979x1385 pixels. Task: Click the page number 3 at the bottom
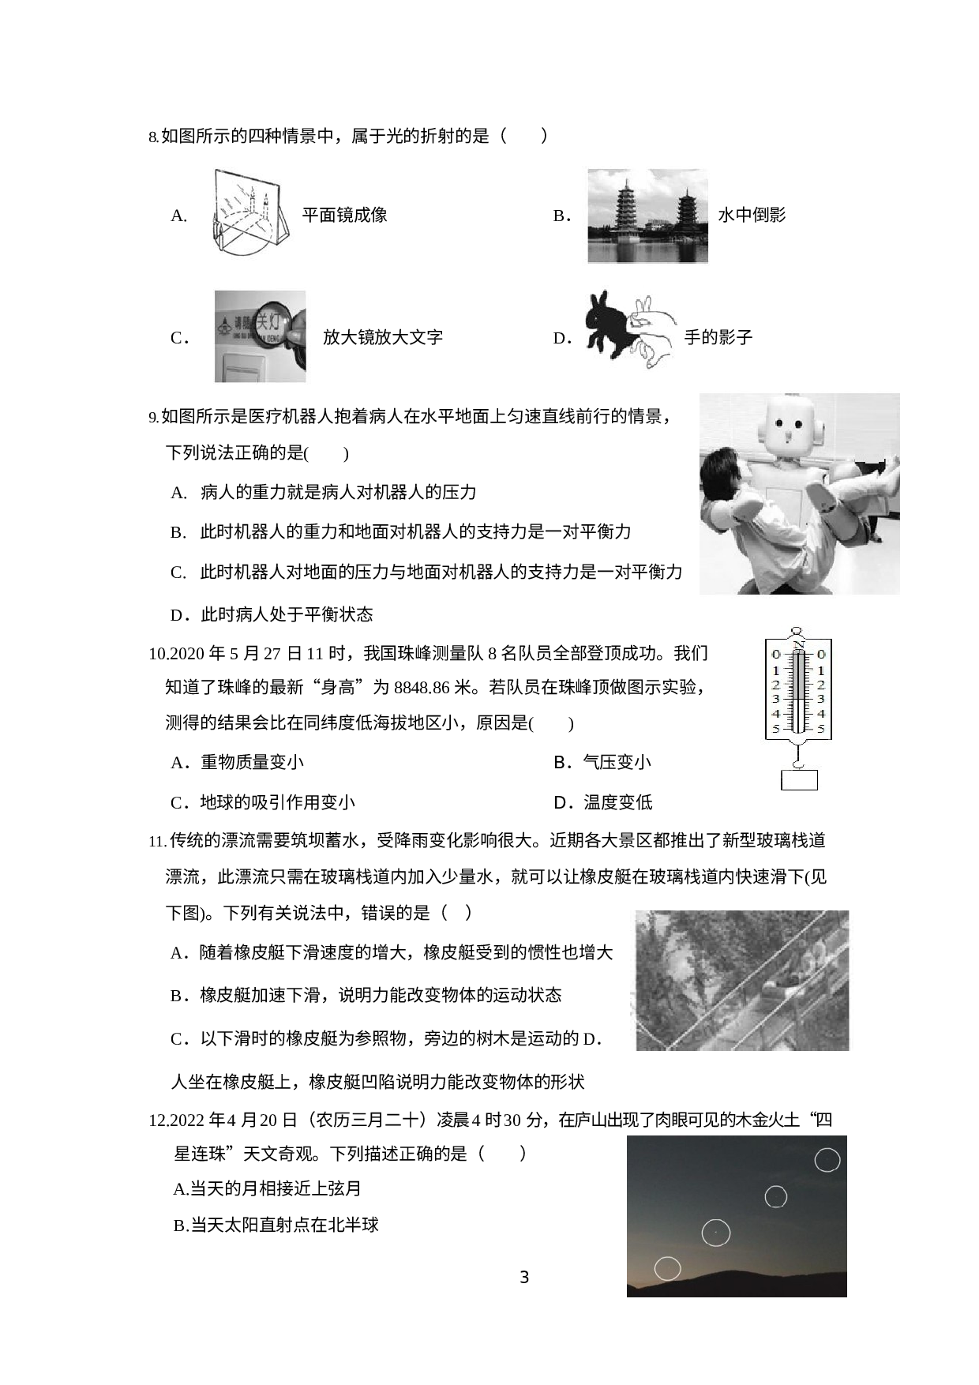pos(524,1277)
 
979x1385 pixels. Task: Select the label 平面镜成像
pos(344,215)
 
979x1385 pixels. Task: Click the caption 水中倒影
pos(752,215)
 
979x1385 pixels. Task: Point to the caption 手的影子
pos(718,338)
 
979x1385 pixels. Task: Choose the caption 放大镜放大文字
pos(383,338)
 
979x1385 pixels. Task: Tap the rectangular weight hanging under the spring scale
pos(799,780)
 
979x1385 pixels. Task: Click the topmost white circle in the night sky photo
pos(827,1160)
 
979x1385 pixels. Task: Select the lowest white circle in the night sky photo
pos(667,1268)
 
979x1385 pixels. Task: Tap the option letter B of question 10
pos(561,763)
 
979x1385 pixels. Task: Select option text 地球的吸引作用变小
pos(278,803)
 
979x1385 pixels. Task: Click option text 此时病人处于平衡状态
pos(287,614)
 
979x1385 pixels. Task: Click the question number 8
pos(153,137)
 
